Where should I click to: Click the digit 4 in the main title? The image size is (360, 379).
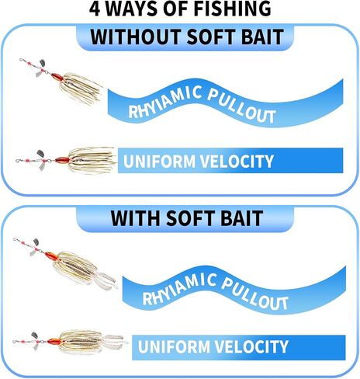tap(95, 9)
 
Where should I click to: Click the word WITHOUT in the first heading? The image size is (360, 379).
tap(136, 37)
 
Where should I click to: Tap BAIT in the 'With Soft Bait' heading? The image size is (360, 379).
tap(240, 218)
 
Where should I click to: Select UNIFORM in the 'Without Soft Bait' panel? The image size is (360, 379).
tap(159, 161)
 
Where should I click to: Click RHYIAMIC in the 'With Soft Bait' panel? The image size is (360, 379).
tap(179, 289)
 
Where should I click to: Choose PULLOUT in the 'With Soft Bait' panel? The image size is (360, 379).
tap(255, 293)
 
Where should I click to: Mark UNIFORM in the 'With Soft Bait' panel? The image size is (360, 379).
tap(174, 346)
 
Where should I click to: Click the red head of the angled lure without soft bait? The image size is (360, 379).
tap(57, 77)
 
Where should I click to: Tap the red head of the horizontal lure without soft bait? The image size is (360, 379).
tap(62, 160)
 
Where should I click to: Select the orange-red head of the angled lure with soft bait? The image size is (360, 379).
tap(51, 256)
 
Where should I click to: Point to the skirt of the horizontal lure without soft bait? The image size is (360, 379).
tap(92, 161)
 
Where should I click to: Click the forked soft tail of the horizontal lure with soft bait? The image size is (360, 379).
tap(114, 342)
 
